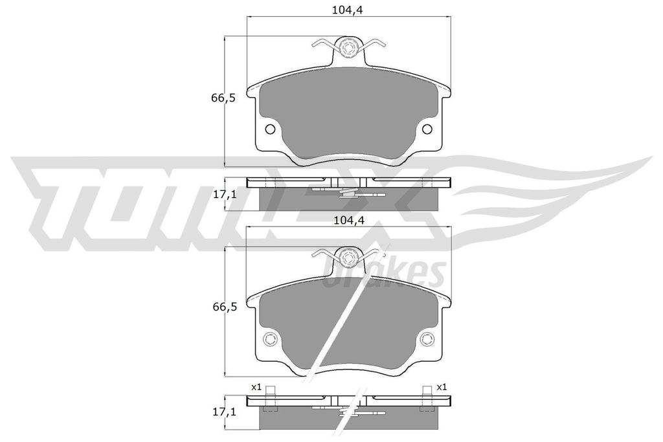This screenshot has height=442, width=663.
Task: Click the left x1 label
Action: click(256, 387)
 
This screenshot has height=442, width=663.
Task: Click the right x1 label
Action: click(441, 387)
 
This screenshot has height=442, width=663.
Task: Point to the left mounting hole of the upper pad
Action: click(270, 130)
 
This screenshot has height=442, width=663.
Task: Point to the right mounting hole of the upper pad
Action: click(427, 130)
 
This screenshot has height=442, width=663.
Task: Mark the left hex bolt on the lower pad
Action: click(270, 340)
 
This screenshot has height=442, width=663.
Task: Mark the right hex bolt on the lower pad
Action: click(427, 340)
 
